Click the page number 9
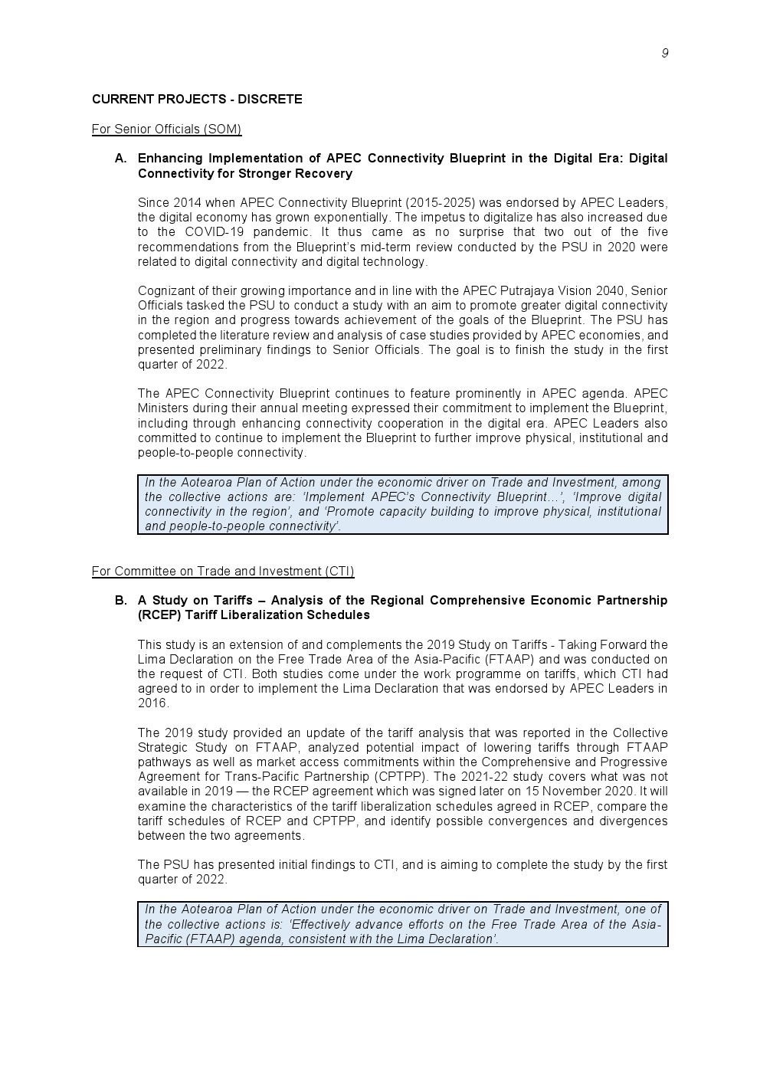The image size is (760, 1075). (x=664, y=53)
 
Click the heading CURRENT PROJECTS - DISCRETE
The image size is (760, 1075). (x=197, y=100)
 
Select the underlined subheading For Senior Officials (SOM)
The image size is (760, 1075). (x=166, y=129)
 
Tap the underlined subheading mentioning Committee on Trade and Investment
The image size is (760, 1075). (x=223, y=571)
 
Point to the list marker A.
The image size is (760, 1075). (x=120, y=159)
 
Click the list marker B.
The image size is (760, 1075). (x=120, y=601)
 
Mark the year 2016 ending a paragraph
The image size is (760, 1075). (x=152, y=703)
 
